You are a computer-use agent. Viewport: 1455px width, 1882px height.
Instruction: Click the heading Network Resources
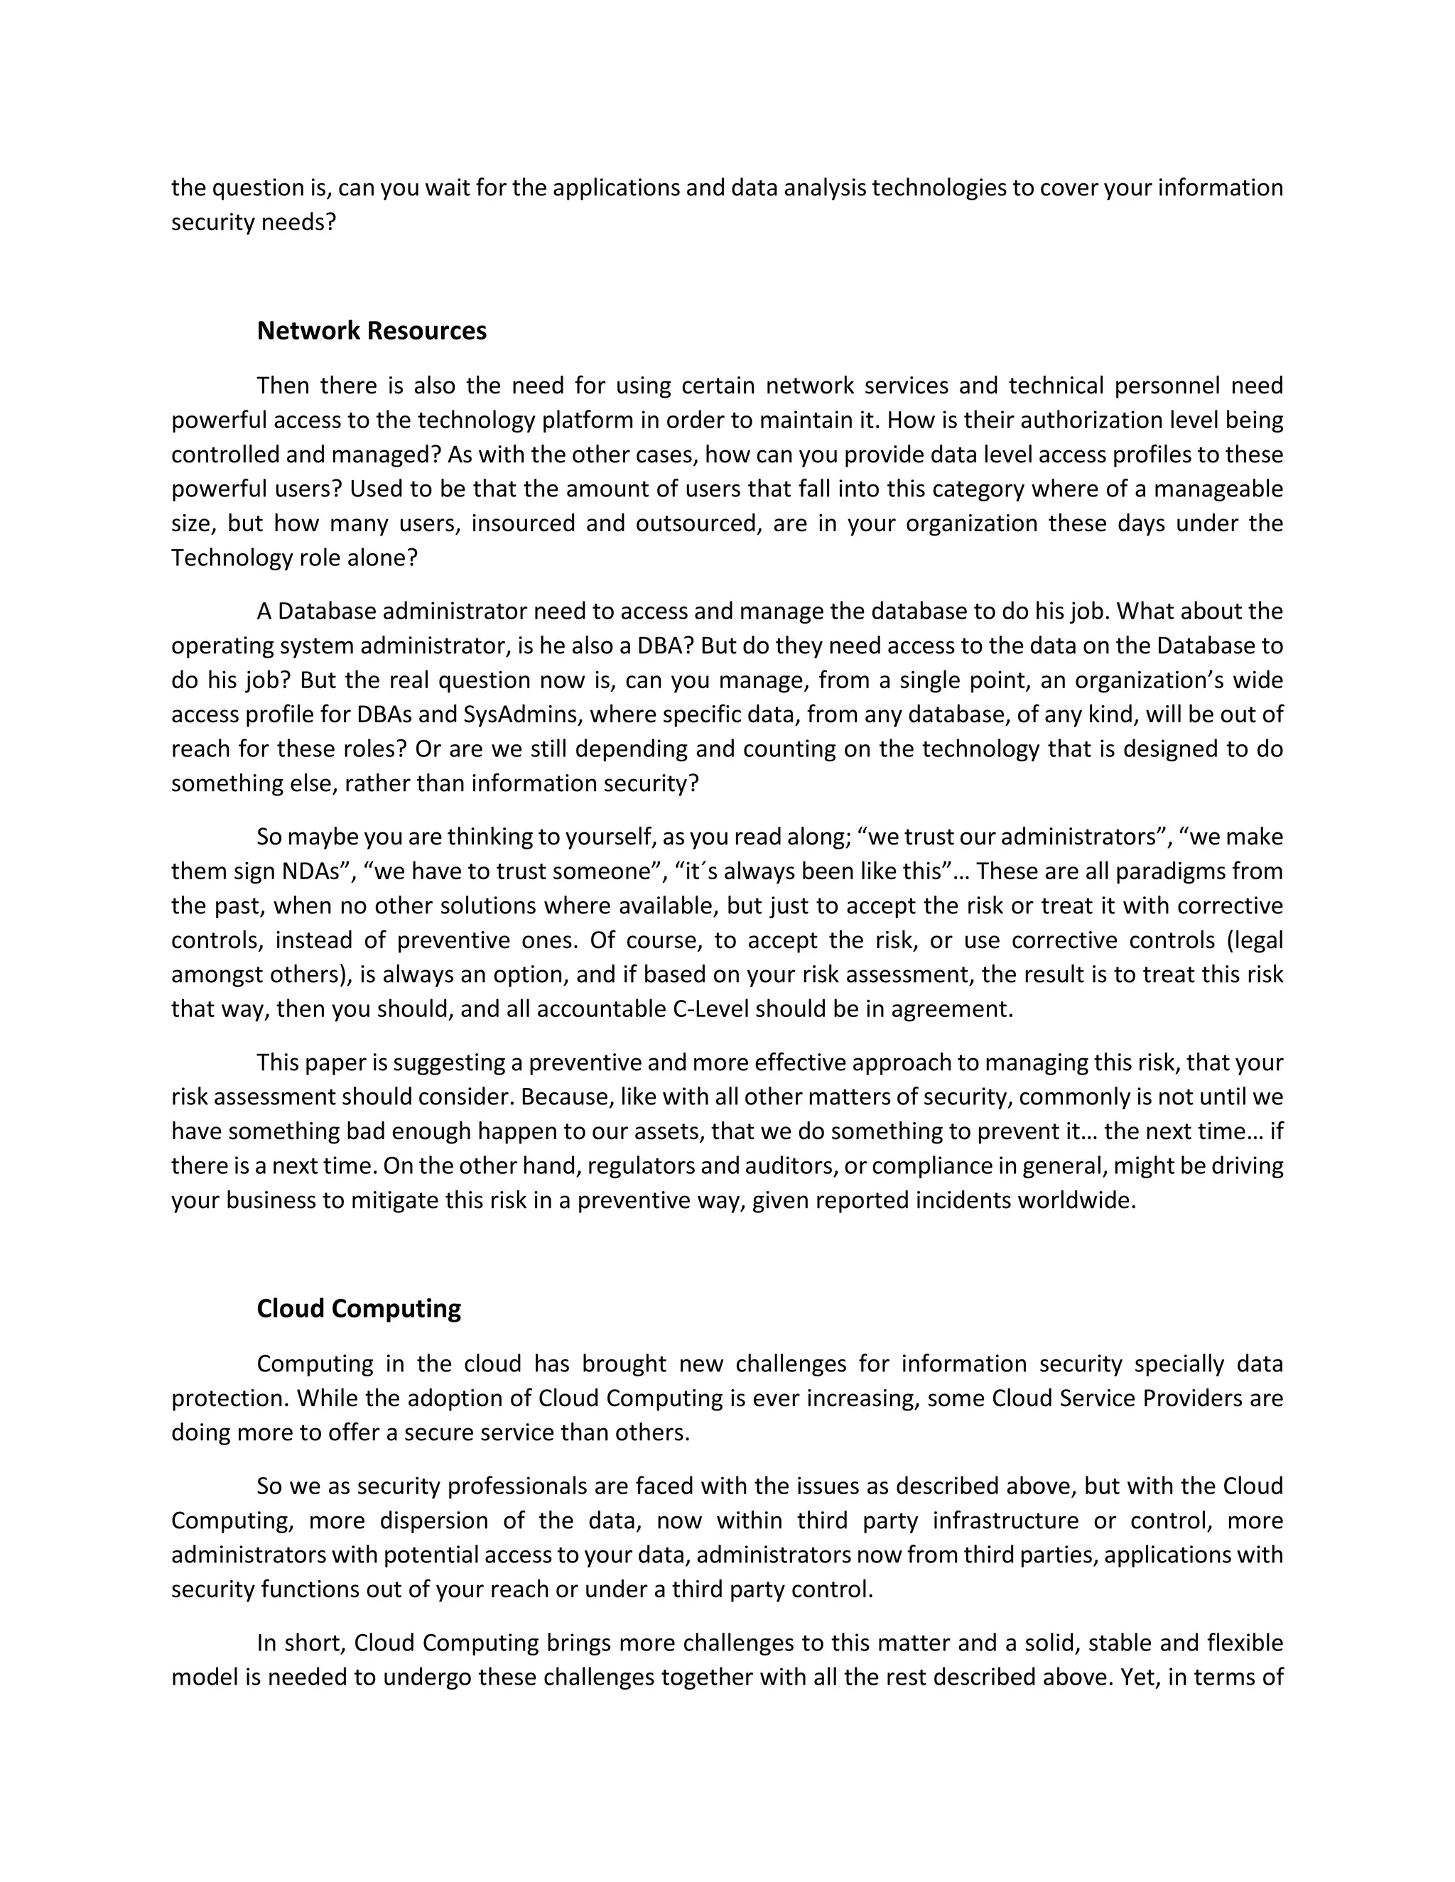pyautogui.click(x=372, y=331)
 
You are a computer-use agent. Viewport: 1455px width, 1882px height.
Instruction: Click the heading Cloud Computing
pyautogui.click(x=359, y=1308)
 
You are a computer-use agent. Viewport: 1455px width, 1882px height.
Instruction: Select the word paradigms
pyautogui.click(x=1175, y=871)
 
